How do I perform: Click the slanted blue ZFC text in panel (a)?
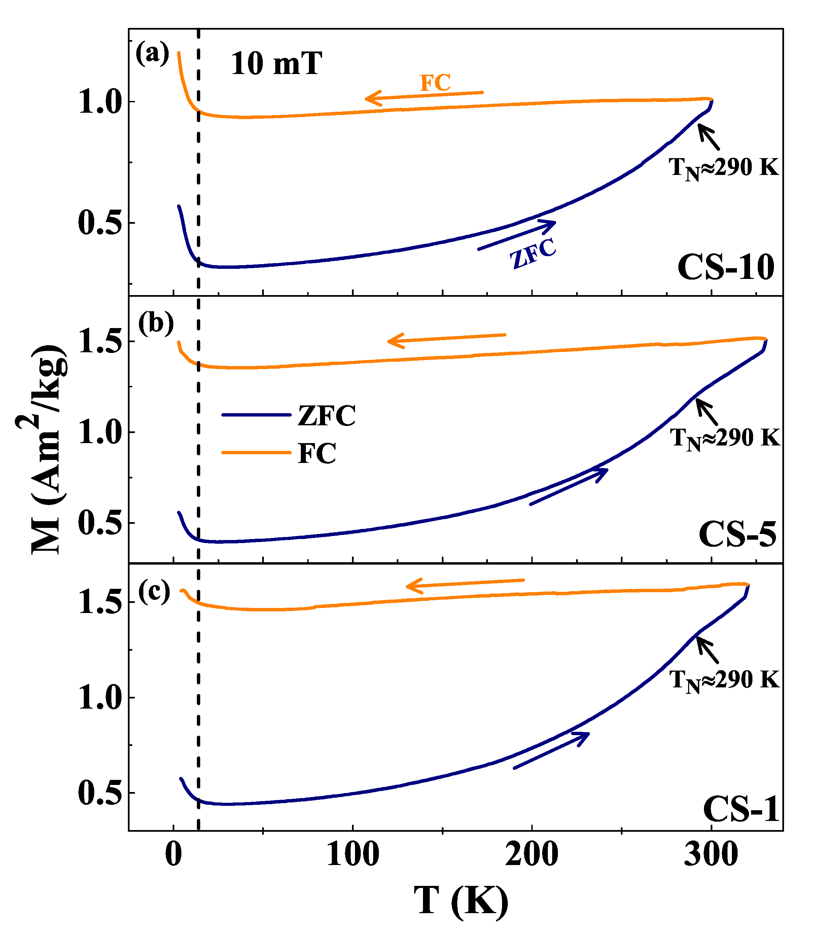pyautogui.click(x=533, y=254)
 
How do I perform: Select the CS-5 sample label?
pyautogui.click(x=737, y=534)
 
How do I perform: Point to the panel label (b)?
pyautogui.click(x=155, y=324)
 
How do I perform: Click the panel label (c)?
pyautogui.click(x=154, y=591)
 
